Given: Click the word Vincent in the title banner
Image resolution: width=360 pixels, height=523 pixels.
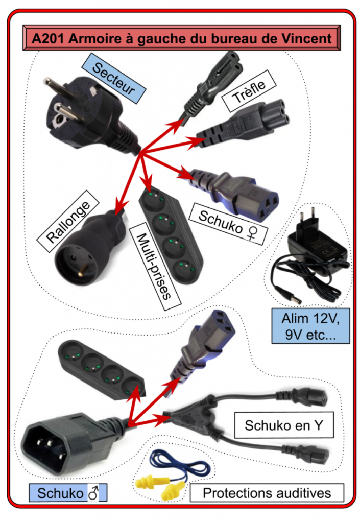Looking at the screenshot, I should [x=308, y=39].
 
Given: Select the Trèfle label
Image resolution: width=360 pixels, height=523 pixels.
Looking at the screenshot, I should [x=249, y=92].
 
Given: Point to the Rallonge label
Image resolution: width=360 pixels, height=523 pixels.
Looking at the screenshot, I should [x=68, y=222].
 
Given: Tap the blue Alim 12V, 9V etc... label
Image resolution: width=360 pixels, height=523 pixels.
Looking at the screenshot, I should [x=310, y=325].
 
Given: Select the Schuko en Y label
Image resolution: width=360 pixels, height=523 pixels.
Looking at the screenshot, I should [x=283, y=425].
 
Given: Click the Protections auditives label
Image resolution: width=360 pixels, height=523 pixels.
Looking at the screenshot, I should [x=267, y=493].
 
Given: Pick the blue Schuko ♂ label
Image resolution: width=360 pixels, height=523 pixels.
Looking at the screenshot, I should [x=68, y=494].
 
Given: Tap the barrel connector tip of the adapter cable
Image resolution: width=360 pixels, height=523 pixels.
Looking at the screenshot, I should [x=290, y=295].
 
